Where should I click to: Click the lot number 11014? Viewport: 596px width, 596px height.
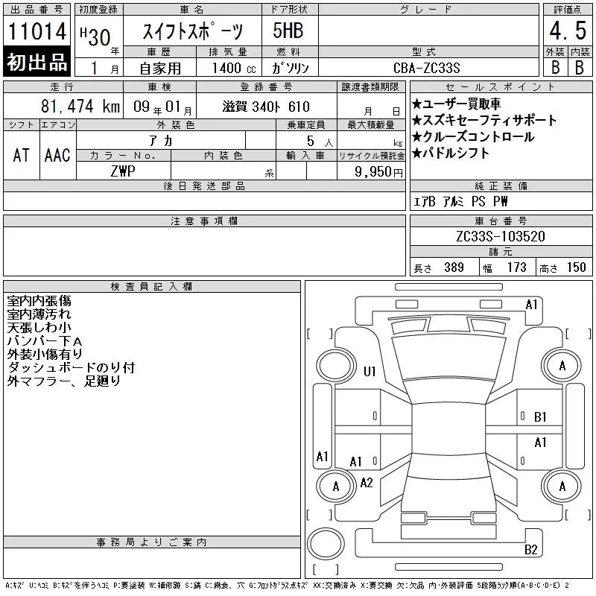point(37,31)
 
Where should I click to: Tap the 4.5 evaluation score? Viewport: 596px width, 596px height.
point(568,31)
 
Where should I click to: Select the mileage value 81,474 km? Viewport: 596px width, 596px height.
point(80,106)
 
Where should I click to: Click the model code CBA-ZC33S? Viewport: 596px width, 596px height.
point(426,68)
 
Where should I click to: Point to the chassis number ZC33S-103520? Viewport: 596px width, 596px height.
point(501,236)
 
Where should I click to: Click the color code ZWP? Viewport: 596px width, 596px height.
point(123,171)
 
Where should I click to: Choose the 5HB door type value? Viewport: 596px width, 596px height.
point(288,31)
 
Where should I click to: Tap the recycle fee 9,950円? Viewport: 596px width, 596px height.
point(378,172)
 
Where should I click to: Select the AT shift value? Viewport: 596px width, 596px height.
point(21,155)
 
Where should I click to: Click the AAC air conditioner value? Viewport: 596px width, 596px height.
point(57,155)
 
